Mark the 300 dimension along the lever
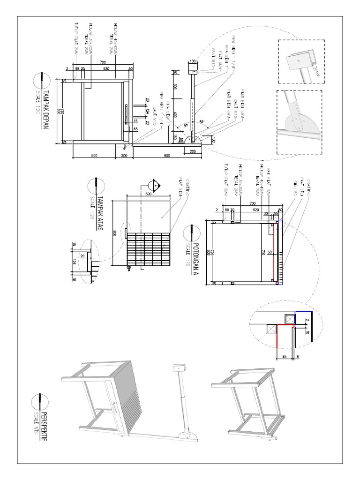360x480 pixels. point(174,87)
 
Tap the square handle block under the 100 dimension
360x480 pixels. point(193,69)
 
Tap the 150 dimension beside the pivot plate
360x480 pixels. point(174,137)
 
